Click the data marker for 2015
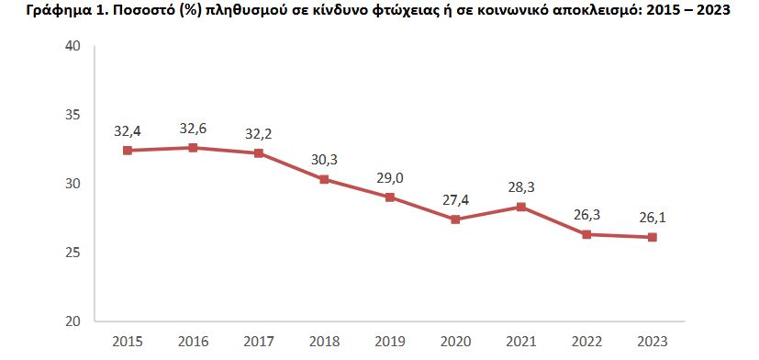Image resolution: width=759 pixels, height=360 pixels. (128, 151)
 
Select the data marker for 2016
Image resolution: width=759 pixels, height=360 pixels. (193, 148)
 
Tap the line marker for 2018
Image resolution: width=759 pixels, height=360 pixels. (324, 179)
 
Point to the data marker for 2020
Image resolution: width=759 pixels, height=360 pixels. (455, 219)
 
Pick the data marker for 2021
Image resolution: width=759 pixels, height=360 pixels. (521, 207)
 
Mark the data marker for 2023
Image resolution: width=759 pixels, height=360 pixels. (653, 237)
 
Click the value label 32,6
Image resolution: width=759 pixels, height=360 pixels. (193, 129)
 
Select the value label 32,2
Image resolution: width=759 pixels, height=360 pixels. (259, 134)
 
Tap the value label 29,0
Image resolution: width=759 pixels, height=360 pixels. (390, 177)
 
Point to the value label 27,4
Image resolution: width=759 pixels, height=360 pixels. (455, 199)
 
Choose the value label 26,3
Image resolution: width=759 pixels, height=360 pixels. (586, 215)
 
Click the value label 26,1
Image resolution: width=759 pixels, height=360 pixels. (653, 218)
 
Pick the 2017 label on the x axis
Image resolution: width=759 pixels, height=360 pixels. (259, 342)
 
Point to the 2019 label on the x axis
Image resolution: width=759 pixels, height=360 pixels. (390, 342)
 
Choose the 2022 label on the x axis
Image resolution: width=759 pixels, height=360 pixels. (586, 342)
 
